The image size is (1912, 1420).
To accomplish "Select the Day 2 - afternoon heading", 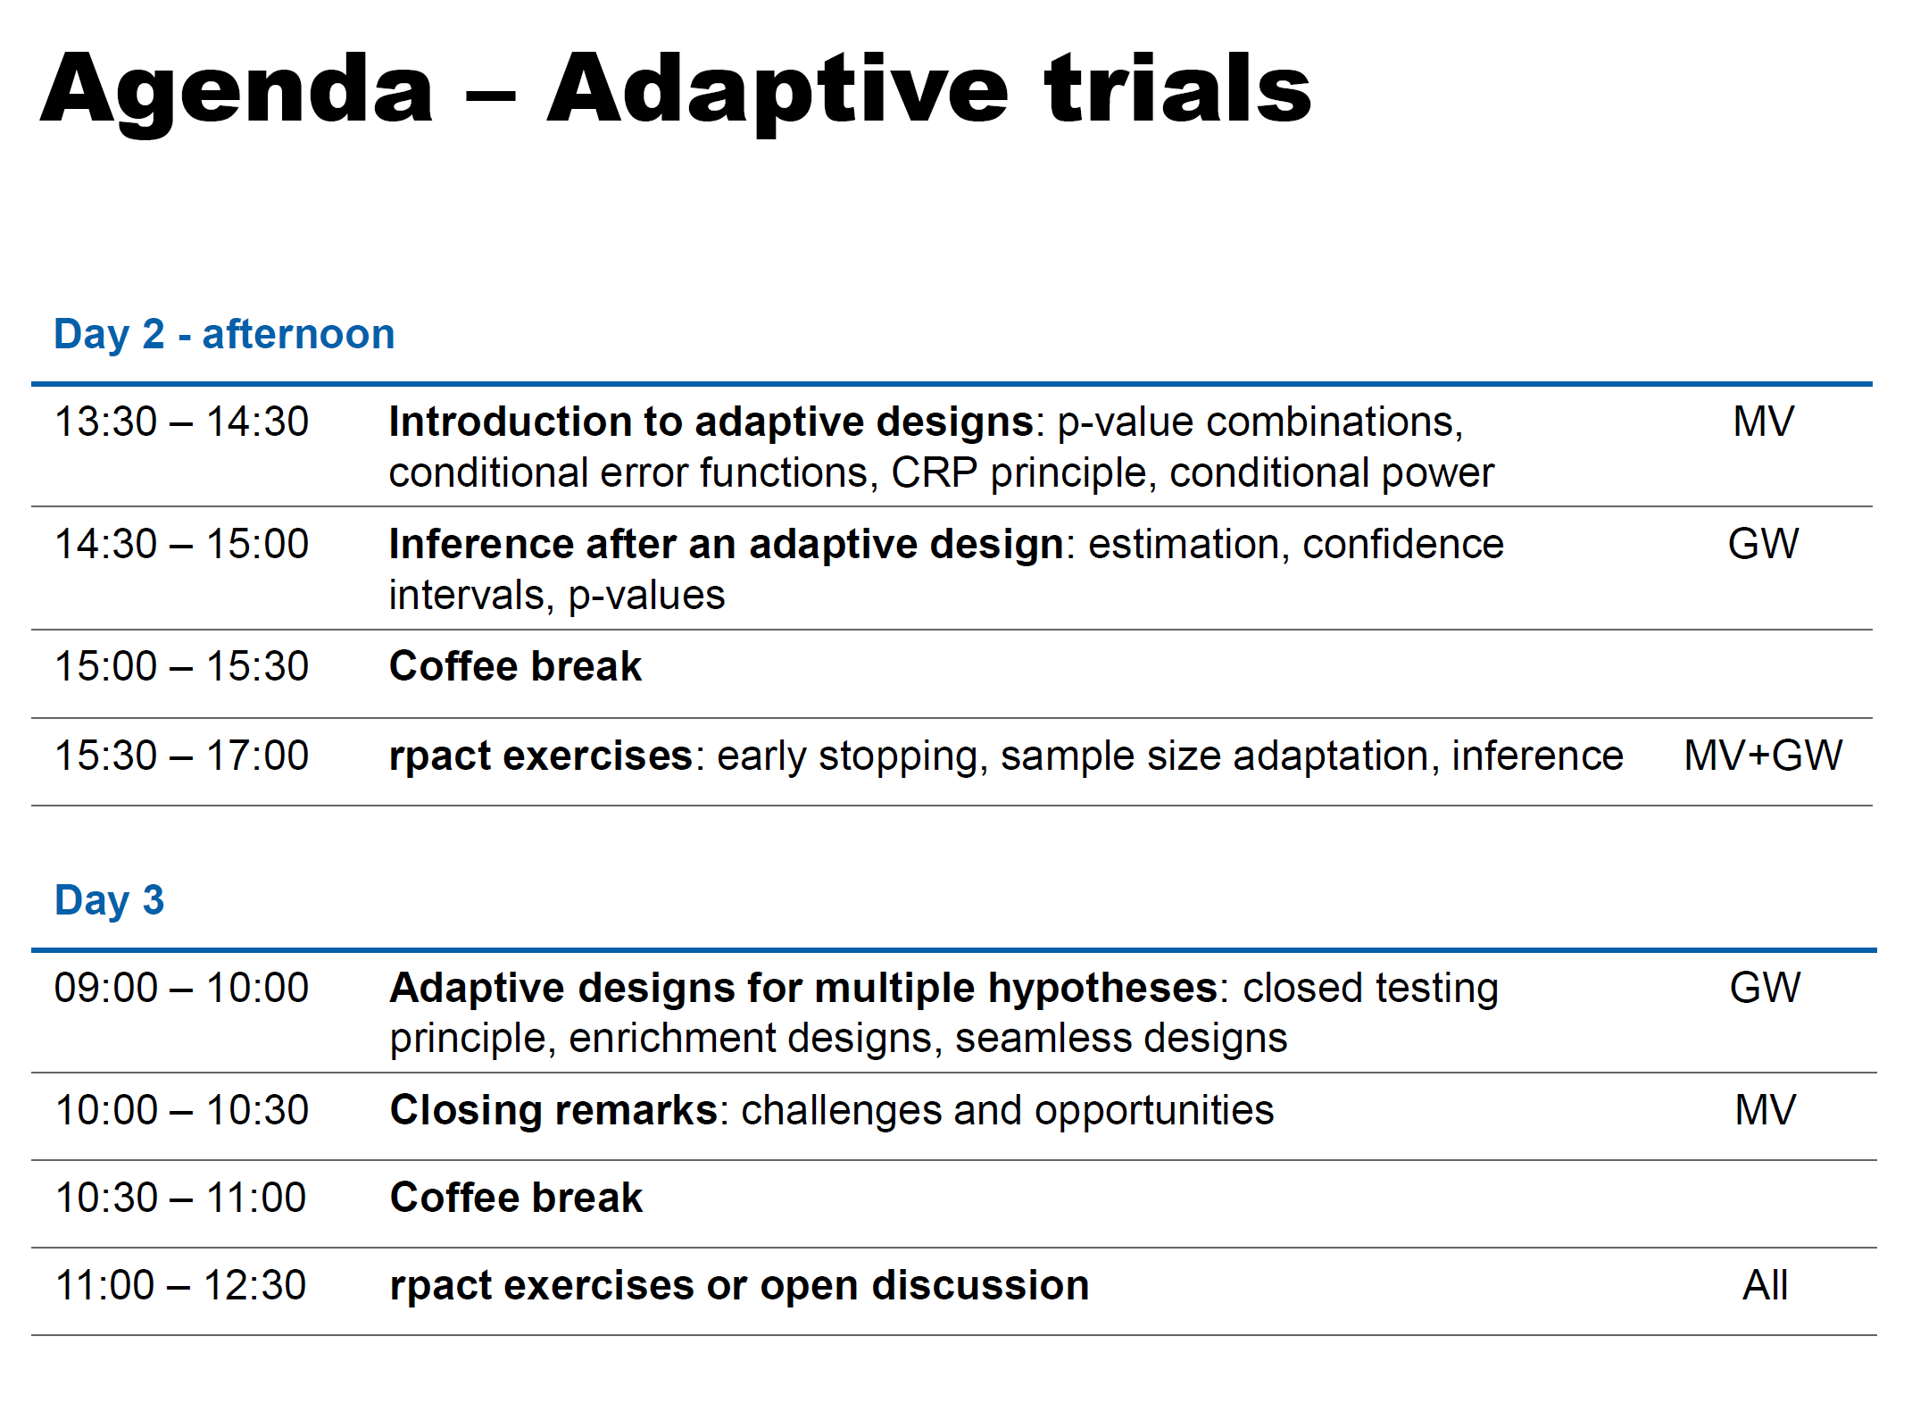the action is point(224,334).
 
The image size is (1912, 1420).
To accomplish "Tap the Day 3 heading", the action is point(109,900).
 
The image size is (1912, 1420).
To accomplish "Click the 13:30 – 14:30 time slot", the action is point(181,422).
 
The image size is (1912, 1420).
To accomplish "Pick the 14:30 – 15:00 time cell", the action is point(181,544).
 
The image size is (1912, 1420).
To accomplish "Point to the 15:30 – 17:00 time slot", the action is point(181,756).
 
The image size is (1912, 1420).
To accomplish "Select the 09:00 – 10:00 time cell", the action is point(181,988).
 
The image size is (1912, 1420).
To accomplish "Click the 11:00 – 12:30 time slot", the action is point(180,1285).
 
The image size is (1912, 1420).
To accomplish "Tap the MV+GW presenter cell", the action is point(1763,756).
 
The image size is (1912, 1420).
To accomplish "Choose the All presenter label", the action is point(1765,1285).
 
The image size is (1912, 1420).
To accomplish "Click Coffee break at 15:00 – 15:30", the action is point(516,666).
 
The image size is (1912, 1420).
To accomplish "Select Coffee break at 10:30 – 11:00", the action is point(516,1198).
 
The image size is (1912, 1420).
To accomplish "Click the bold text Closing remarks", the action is point(553,1110).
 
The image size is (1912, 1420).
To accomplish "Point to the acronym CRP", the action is point(934,472).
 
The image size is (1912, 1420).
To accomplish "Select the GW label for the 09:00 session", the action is point(1765,988).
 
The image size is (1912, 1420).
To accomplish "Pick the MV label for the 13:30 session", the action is point(1763,422).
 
